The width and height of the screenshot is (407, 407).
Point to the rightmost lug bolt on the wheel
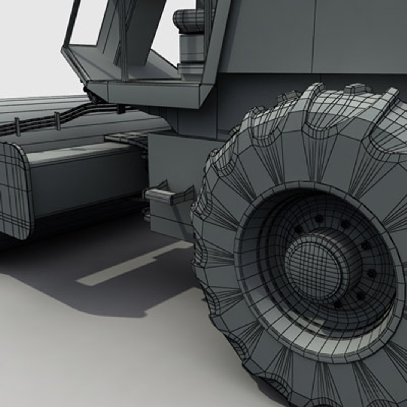point(372,272)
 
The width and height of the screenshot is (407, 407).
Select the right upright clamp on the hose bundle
point(57,121)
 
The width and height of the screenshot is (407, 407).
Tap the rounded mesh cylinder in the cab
point(188,21)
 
